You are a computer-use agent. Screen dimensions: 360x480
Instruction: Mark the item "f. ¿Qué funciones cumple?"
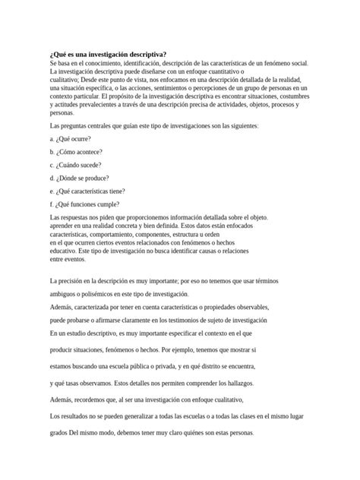point(81,204)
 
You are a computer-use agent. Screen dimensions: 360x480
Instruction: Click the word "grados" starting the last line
point(58,433)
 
